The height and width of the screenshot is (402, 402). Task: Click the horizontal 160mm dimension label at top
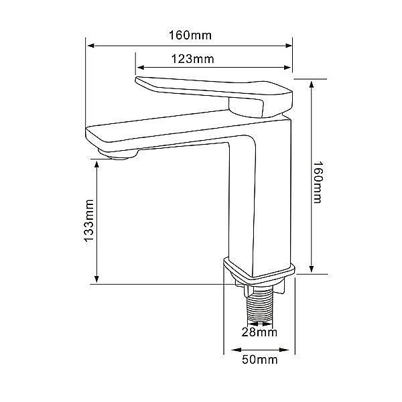pyautogui.click(x=190, y=35)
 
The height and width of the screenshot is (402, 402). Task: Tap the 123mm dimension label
pyautogui.click(x=192, y=59)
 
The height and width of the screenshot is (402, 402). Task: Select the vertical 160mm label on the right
pyautogui.click(x=318, y=182)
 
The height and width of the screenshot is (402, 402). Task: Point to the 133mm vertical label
pyautogui.click(x=89, y=220)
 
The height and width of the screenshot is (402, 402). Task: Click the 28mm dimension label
pyautogui.click(x=259, y=332)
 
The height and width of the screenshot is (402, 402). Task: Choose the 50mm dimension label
pyautogui.click(x=260, y=360)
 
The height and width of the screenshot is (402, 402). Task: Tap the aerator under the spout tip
pyautogui.click(x=118, y=154)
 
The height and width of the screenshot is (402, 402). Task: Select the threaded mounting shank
pyautogui.click(x=259, y=309)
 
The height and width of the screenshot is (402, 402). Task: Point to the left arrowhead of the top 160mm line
pyautogui.click(x=91, y=46)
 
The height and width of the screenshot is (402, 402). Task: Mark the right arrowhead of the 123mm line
pyautogui.click(x=287, y=68)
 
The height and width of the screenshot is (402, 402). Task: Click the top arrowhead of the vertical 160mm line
pyautogui.click(x=312, y=85)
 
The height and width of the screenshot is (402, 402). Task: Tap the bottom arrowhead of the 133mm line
pyautogui.click(x=96, y=279)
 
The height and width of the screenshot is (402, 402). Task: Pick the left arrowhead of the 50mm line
pyautogui.click(x=236, y=350)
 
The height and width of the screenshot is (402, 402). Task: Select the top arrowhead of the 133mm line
pyautogui.click(x=96, y=165)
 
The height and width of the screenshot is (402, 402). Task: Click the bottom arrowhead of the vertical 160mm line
pyautogui.click(x=312, y=268)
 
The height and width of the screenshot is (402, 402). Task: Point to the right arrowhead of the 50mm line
pyautogui.click(x=284, y=350)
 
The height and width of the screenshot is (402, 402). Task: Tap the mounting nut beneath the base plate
pyautogui.click(x=259, y=288)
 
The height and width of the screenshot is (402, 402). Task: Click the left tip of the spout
pyautogui.click(x=86, y=131)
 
